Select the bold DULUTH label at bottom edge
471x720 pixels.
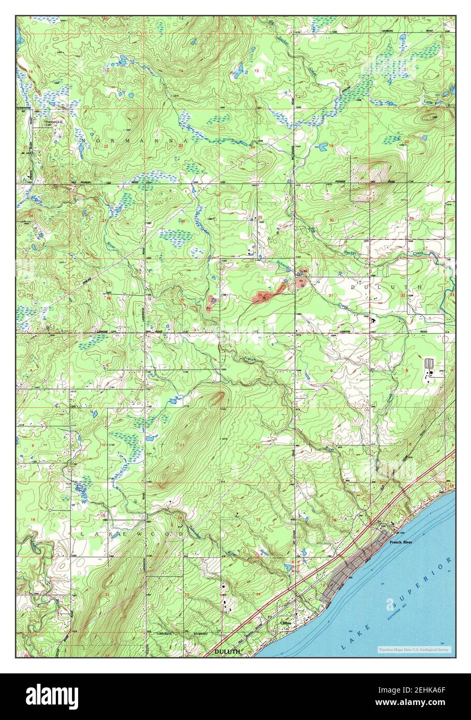coord(228,652)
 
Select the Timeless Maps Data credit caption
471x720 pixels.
coord(414,650)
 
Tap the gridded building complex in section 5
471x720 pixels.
coord(429,364)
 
